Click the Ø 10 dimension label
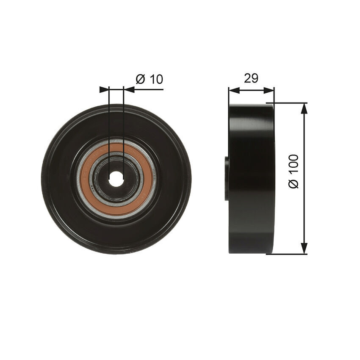click(x=149, y=79)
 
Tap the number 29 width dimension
click(x=251, y=78)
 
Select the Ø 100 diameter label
click(x=294, y=171)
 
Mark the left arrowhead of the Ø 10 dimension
click(x=104, y=89)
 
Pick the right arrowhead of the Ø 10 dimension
click(x=129, y=89)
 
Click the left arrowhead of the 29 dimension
click(x=234, y=90)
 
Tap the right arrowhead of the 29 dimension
click(x=269, y=90)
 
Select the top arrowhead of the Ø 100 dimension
click(x=304, y=108)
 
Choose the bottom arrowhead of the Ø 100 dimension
click(x=304, y=249)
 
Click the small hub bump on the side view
click(x=227, y=178)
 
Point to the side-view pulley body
click(x=251, y=178)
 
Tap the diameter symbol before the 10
click(x=141, y=79)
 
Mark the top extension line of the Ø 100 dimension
click(x=288, y=103)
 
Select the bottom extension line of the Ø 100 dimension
click(x=288, y=254)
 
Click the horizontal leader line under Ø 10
click(x=148, y=89)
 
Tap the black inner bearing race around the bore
click(x=102, y=179)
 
